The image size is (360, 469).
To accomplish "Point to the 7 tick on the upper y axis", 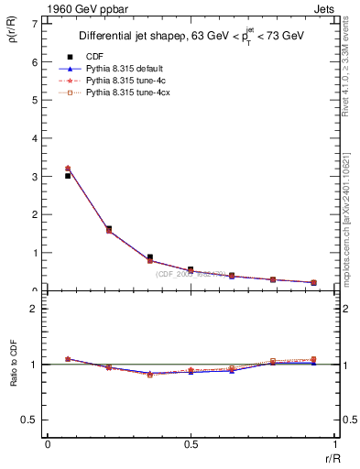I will click(36, 23).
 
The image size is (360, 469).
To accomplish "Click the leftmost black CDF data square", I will click(68, 176).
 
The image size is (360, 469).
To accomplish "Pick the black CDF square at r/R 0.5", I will click(191, 269).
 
